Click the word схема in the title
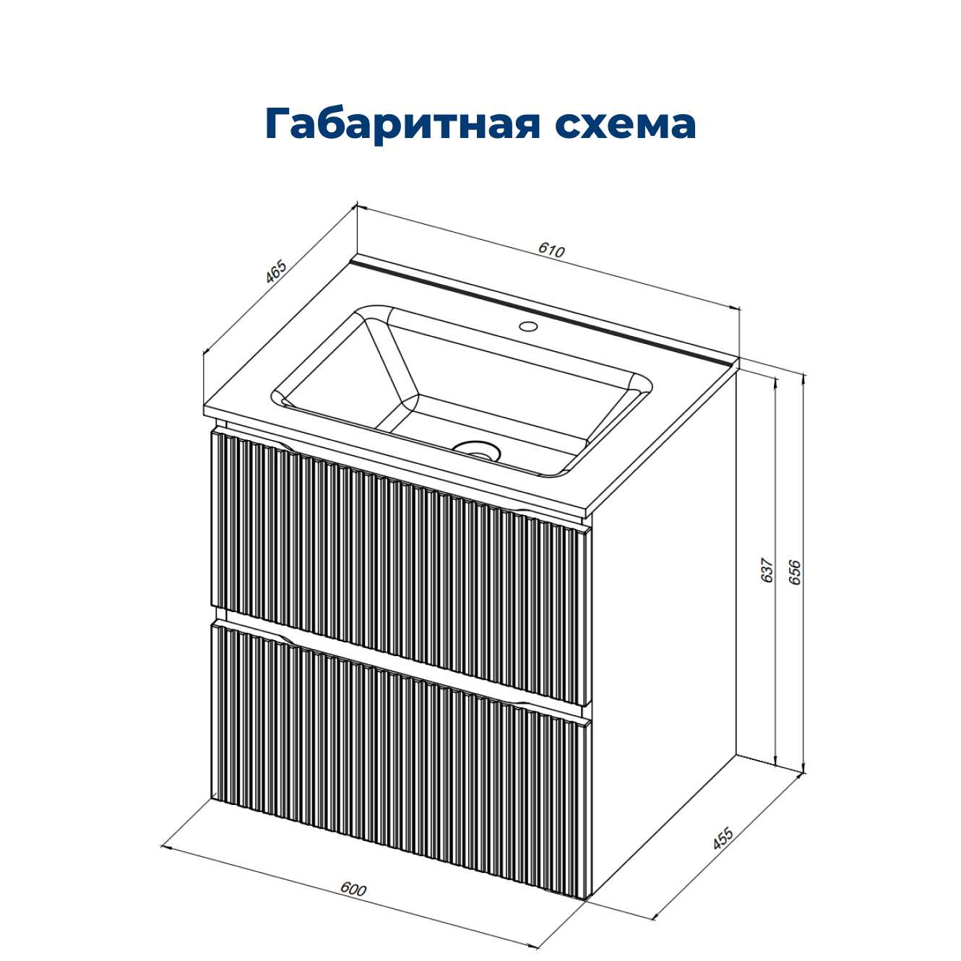(625, 124)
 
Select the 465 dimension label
(276, 272)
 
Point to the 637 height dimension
(767, 570)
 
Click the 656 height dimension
(795, 572)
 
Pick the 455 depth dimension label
(723, 838)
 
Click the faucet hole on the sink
(529, 326)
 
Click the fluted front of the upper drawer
(397, 564)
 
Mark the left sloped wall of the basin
(340, 376)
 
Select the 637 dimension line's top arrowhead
(775, 382)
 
